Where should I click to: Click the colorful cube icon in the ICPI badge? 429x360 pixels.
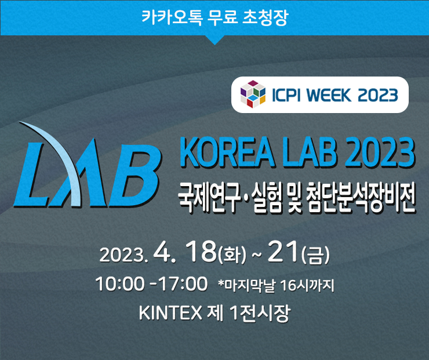click(x=252, y=94)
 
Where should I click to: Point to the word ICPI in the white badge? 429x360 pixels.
click(x=284, y=94)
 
